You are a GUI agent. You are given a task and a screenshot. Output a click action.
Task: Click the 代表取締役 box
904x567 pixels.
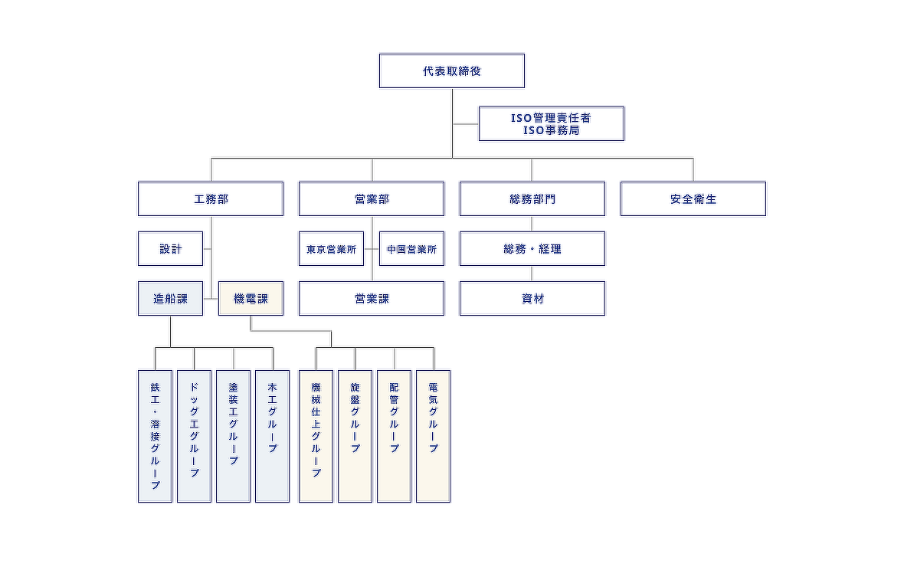(452, 70)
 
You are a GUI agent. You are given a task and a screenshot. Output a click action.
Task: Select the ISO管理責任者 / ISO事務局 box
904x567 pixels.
(551, 123)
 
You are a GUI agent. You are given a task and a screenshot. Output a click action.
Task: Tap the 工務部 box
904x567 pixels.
(211, 198)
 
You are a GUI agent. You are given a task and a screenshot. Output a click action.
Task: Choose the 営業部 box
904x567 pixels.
(372, 198)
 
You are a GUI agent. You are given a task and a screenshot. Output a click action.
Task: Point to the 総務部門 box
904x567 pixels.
(532, 198)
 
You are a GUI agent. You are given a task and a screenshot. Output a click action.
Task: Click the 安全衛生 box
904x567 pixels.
(693, 198)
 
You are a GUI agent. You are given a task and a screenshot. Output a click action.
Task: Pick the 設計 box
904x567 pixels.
(171, 248)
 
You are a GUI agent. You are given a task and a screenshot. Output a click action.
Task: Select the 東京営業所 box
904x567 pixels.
(331, 248)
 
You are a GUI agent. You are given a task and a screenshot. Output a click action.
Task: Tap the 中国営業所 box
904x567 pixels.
(411, 248)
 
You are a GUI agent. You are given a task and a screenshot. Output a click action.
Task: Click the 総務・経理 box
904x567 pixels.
(532, 248)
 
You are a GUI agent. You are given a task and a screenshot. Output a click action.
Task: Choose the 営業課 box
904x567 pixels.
(372, 298)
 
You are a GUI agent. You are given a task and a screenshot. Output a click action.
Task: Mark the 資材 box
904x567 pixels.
(532, 298)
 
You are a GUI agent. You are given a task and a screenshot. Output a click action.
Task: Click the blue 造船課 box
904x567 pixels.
(171, 298)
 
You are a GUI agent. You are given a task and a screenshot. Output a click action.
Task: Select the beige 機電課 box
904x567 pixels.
(251, 298)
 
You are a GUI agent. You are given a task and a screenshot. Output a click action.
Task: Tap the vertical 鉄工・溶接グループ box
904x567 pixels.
(155, 436)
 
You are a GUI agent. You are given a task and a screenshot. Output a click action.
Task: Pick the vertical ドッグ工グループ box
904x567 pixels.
(194, 436)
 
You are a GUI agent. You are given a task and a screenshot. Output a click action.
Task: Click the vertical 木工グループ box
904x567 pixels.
(272, 436)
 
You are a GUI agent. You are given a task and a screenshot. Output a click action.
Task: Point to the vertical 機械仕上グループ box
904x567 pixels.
(316, 436)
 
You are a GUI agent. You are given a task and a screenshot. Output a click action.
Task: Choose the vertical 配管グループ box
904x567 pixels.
(394, 436)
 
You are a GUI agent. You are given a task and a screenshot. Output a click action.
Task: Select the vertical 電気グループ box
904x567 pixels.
(433, 436)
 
